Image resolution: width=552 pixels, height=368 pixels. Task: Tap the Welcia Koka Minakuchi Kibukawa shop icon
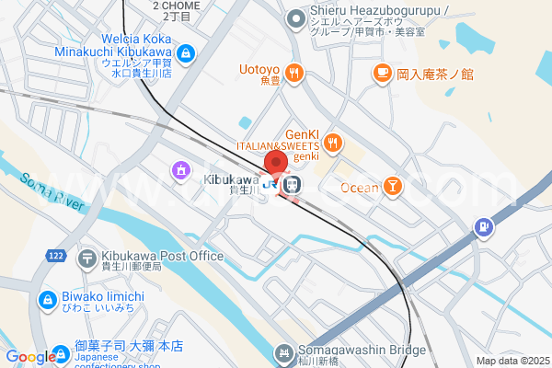tap(187, 54)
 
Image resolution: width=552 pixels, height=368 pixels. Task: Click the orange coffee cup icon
tap(381, 73)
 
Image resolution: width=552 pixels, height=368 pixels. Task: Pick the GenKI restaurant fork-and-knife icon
tap(331, 144)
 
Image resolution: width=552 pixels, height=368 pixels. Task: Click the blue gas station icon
tap(481, 227)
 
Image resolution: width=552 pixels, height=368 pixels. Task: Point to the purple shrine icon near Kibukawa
tap(180, 170)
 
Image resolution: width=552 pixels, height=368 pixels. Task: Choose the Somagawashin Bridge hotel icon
tap(284, 352)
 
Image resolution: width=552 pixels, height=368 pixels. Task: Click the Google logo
tap(30, 357)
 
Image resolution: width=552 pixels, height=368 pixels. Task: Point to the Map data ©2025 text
tap(512, 361)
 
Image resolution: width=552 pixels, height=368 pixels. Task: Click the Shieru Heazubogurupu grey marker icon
tap(295, 17)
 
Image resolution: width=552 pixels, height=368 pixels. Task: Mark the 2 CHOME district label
tap(176, 6)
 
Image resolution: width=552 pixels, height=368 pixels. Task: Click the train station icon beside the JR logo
tap(292, 185)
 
